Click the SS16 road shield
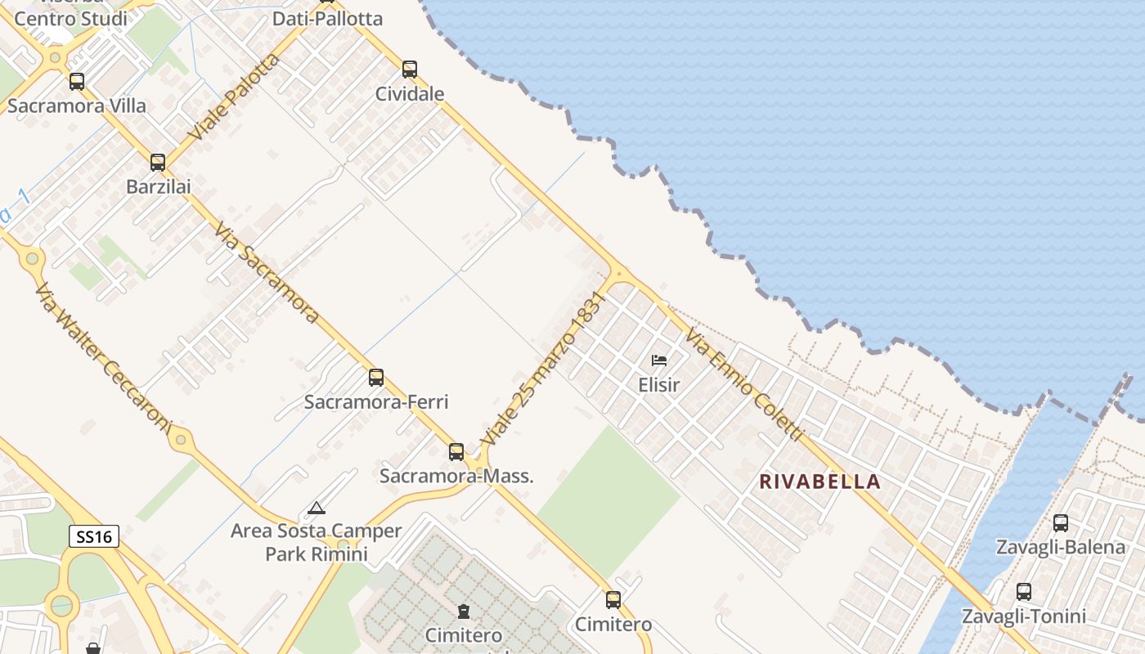tap(94, 536)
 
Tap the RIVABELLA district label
tap(819, 482)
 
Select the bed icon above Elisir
tap(659, 360)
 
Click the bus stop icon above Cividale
tap(410, 69)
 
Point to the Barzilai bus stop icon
tap(158, 163)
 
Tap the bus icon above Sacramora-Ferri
tap(376, 378)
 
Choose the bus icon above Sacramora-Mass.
tap(456, 451)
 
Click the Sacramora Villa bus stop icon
tap(77, 82)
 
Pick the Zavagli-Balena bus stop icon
tap(1061, 523)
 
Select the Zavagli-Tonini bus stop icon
tap(1024, 592)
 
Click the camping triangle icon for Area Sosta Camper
tap(317, 508)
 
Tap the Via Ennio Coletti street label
tap(744, 384)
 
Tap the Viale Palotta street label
tap(234, 97)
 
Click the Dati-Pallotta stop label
tap(327, 19)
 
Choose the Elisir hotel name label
tap(659, 384)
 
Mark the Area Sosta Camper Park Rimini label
tap(317, 542)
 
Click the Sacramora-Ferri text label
tap(376, 402)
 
